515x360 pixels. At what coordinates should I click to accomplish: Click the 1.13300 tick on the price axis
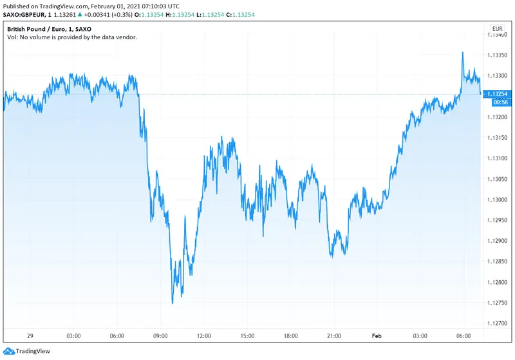[x=498, y=76]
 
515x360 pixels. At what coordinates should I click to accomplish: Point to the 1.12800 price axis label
[x=498, y=282]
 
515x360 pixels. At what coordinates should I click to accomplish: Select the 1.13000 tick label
[x=498, y=200]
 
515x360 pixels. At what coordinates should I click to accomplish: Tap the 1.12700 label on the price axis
[x=498, y=323]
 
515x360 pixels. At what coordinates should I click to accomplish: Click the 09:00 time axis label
[x=161, y=336]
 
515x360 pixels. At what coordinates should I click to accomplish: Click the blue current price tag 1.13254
[x=498, y=94]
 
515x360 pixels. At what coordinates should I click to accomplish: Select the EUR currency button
[x=497, y=29]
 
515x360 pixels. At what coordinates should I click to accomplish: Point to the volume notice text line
[x=72, y=37]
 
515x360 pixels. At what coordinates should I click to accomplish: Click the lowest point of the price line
[x=172, y=303]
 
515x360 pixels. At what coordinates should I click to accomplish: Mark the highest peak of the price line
[x=463, y=52]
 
